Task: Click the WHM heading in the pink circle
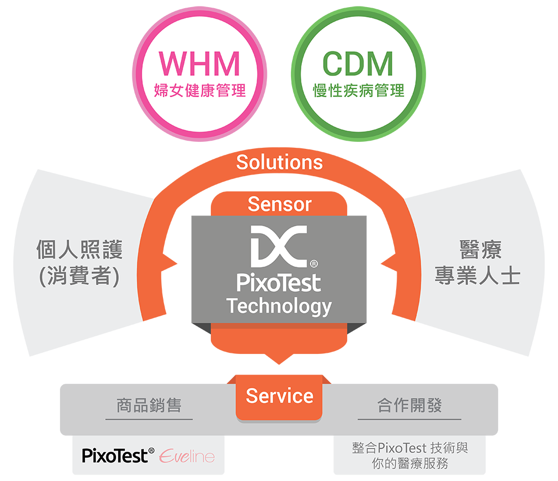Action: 199,64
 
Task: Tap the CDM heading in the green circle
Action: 357,64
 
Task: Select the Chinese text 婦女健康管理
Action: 199,90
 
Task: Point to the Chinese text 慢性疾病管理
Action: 358,90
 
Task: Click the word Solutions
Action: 279,162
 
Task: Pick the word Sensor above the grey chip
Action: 279,204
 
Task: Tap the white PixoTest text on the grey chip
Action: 278,283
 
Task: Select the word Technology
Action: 278,306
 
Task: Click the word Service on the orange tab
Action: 279,395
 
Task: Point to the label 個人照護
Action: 80,250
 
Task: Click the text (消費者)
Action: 80,276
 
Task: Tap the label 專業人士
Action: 477,276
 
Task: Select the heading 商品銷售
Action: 149,405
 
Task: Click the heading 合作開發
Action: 409,405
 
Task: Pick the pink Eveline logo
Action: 187,456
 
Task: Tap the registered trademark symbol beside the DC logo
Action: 314,264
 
